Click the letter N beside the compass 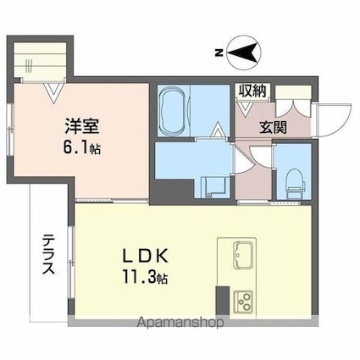(x=218, y=53)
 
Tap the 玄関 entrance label (x=273, y=128)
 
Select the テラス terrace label (x=48, y=252)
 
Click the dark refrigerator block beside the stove (x=222, y=301)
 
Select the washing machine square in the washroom (x=207, y=186)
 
